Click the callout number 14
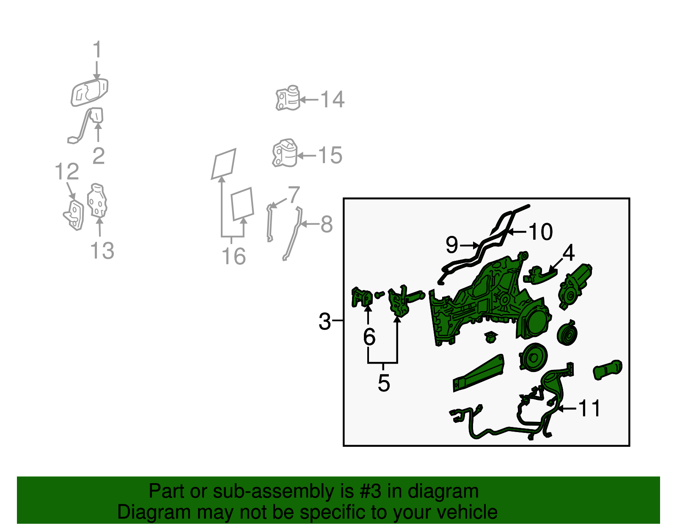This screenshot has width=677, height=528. coord(333,100)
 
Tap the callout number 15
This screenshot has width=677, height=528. coord(330,155)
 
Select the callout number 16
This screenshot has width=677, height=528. coord(234,256)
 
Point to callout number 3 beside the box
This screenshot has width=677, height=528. coord(325,321)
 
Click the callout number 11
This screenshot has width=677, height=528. coord(589,408)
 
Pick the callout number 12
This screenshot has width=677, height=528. coord(67,172)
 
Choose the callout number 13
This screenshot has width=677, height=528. coord(102,250)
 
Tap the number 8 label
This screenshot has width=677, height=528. coord(327,224)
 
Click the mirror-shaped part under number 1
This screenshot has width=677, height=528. coord(90,93)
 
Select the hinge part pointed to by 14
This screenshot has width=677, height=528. coord(288,98)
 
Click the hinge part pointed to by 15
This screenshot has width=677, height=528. coord(285,153)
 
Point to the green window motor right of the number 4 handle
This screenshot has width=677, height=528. coord(575,286)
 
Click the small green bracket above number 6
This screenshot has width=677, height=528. coord(362,297)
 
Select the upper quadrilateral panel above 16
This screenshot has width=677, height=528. coord(224,164)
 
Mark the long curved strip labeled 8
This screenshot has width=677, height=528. coord(292,233)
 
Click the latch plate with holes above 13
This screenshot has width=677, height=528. coord(97,200)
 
